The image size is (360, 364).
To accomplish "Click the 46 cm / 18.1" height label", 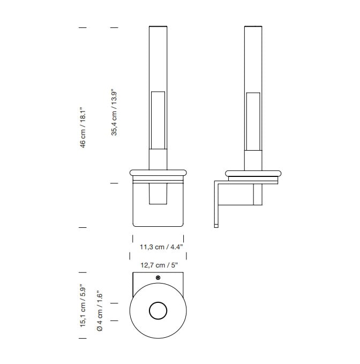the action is pyautogui.click(x=83, y=128).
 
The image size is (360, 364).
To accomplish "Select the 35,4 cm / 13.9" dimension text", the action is pyautogui.click(x=114, y=112).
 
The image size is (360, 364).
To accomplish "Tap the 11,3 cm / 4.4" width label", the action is pyautogui.click(x=161, y=247).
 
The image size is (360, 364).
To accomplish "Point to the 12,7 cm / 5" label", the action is pyautogui.click(x=159, y=265).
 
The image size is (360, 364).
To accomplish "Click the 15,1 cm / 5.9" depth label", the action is pyautogui.click(x=83, y=306).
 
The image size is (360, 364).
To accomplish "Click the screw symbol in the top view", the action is pyautogui.click(x=158, y=278).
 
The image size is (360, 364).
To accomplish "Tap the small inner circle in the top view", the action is pyautogui.click(x=158, y=310).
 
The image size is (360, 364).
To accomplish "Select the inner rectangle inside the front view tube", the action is pyautogui.click(x=158, y=120).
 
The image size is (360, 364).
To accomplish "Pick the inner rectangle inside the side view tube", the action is pyautogui.click(x=253, y=121).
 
